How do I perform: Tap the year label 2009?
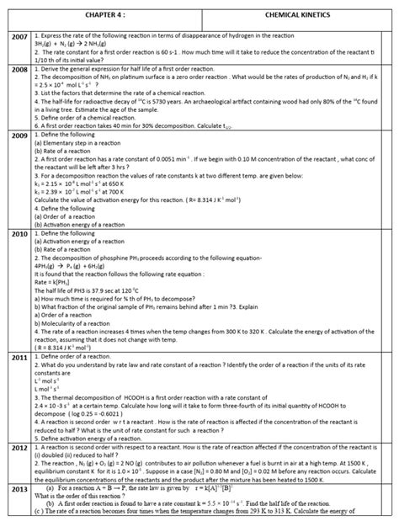pos(16,135)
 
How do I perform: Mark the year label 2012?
pos(16,449)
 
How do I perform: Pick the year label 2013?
pos(16,488)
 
